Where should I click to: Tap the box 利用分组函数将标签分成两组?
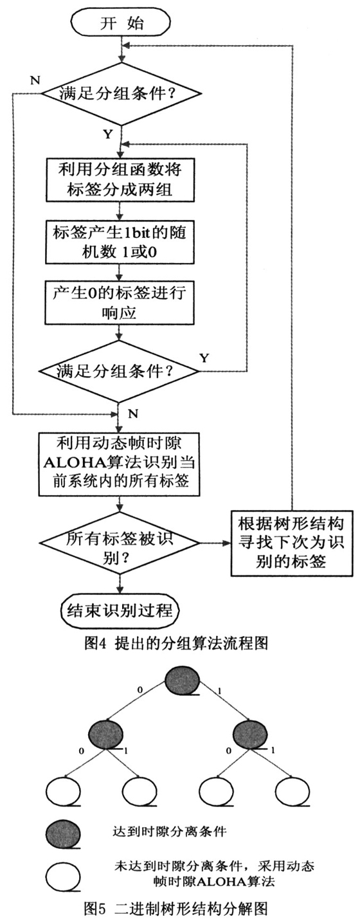120,179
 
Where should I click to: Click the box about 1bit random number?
120,242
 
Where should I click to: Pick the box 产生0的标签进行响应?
120,303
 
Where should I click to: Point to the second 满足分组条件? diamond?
119,371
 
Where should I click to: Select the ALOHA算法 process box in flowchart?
120,464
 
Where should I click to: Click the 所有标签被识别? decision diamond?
120,543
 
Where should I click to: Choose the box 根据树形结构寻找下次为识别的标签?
291,543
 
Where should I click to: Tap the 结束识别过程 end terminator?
120,610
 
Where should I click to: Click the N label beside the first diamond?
35,80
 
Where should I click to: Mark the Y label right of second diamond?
204,358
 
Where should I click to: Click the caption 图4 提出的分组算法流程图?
176,643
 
